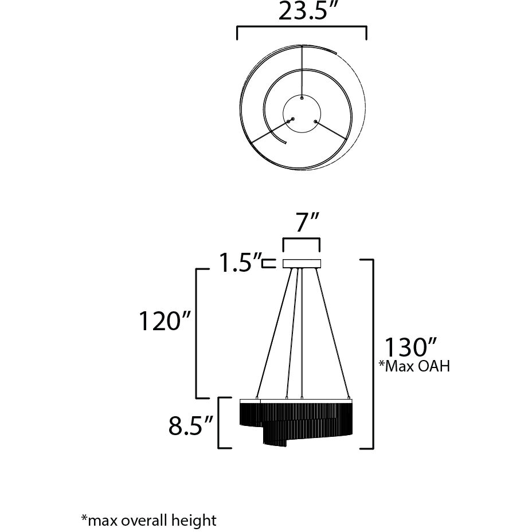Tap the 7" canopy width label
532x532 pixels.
coord(302,222)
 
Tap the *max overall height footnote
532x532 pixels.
coord(148,521)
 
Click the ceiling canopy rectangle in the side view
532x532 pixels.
coord(302,264)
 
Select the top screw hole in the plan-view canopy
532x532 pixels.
coord(302,99)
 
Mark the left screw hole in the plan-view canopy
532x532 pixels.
coord(292,119)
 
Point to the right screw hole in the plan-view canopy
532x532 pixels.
coord(315,121)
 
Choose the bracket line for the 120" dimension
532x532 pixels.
coord(198,332)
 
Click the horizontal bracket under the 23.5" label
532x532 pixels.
coord(302,27)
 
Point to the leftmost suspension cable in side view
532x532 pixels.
coord(275,332)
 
